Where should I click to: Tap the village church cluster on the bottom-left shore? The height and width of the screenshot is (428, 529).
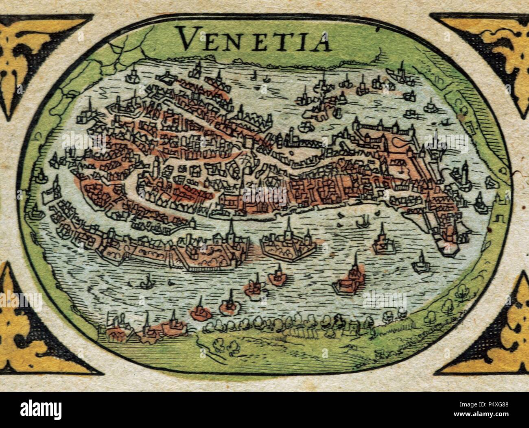click(x=142, y=329)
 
